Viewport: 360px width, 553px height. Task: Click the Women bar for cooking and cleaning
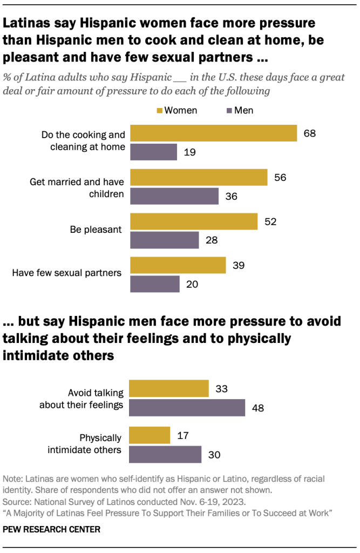[x=213, y=133]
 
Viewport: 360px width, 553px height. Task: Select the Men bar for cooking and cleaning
[x=153, y=152]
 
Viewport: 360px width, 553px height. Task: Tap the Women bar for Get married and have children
[x=199, y=177]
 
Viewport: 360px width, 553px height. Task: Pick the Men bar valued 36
[x=174, y=196]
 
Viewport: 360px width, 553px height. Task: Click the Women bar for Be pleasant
[x=193, y=221]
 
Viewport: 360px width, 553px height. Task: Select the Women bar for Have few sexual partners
[x=178, y=265]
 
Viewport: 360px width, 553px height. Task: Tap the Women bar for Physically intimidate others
[x=150, y=435]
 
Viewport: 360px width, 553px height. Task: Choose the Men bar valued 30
[x=165, y=454]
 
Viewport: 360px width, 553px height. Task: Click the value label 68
[x=310, y=133]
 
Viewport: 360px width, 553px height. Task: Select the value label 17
[x=182, y=435]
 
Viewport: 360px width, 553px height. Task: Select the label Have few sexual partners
[x=67, y=273]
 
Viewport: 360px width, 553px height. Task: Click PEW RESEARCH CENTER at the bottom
[x=52, y=529]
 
